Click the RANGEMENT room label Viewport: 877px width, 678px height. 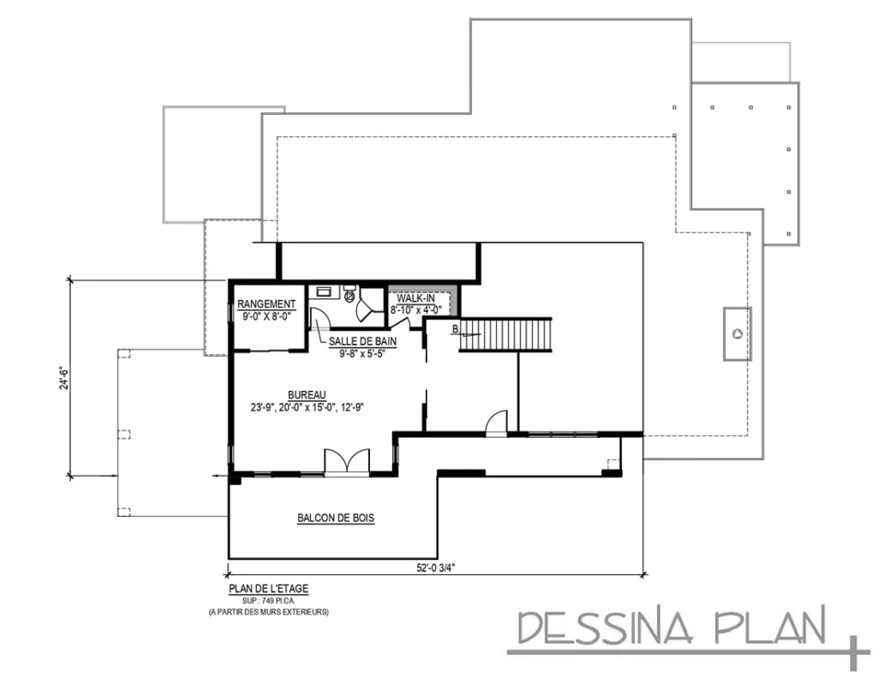[266, 303]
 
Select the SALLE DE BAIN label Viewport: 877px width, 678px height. [357, 340]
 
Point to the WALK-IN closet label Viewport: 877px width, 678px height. [415, 297]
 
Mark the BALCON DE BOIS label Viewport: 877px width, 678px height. [337, 518]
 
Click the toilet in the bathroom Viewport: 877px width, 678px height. [349, 295]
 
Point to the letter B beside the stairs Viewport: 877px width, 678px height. [456, 328]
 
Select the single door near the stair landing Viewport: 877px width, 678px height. [497, 425]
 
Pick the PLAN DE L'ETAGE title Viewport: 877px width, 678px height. [268, 588]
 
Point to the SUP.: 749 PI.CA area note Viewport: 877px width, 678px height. [268, 601]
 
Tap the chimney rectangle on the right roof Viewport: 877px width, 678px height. [737, 333]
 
